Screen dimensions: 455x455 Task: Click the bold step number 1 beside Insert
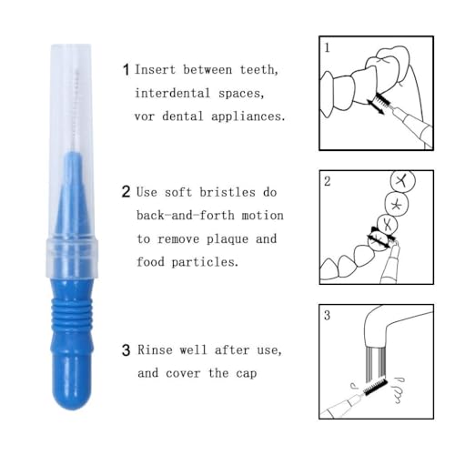(126, 68)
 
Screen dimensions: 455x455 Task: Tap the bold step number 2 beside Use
(126, 192)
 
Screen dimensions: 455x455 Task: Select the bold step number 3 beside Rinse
(126, 349)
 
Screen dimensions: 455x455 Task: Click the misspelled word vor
(147, 116)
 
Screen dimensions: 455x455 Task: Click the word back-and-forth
(183, 216)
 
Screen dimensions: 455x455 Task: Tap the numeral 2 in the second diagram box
(328, 180)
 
